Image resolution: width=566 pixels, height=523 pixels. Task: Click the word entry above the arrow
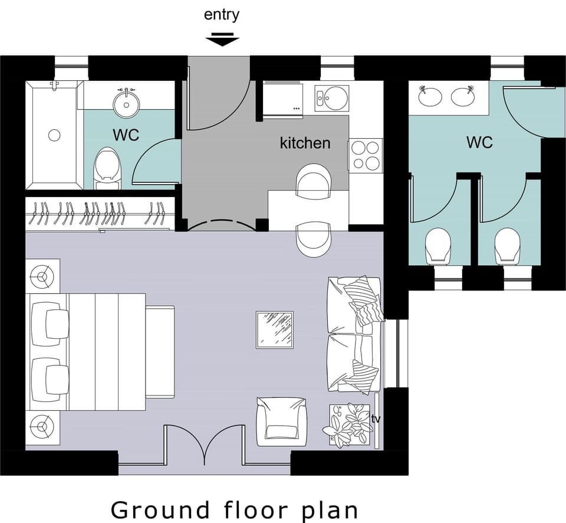point(222,15)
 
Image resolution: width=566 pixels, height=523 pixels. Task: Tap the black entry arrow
point(222,40)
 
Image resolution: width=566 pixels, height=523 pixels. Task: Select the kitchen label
point(305,143)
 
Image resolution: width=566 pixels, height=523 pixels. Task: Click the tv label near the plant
point(376,419)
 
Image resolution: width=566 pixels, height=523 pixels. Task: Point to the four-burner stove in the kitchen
point(366,155)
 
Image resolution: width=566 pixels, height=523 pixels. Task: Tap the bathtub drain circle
point(54,135)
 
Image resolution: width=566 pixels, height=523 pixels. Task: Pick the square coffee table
point(275,330)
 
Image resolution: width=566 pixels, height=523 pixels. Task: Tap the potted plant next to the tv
point(348,424)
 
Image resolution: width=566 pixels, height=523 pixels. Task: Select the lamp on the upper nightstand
point(42,275)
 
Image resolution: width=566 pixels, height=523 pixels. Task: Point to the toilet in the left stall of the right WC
point(438,246)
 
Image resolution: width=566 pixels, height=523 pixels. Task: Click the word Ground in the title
point(160,509)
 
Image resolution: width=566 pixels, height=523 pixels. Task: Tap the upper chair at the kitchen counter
point(314,181)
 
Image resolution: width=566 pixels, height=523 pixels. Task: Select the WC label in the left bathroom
point(126,135)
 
